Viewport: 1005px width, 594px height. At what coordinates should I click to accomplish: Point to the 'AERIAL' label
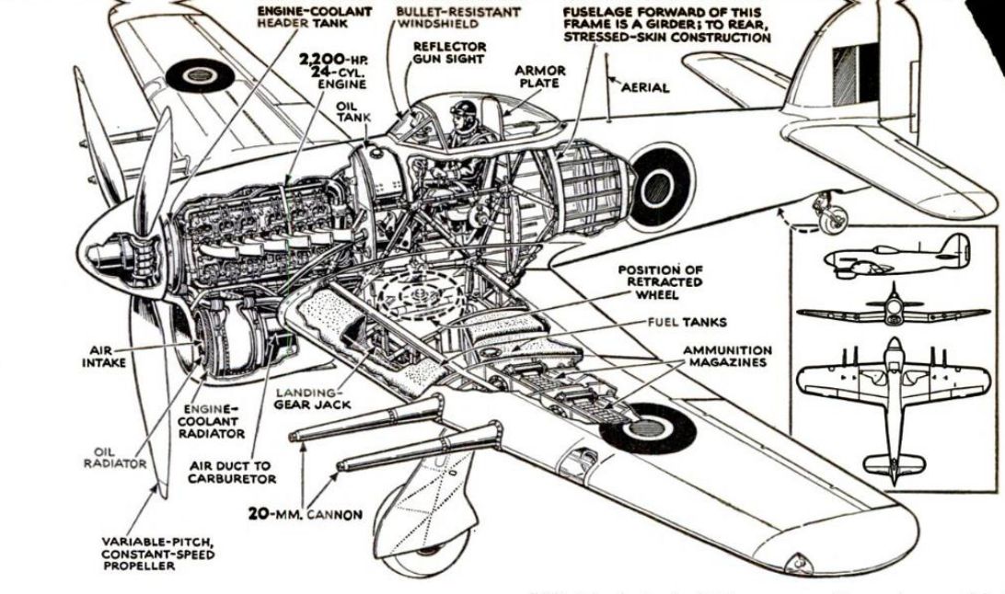pyautogui.click(x=645, y=87)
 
